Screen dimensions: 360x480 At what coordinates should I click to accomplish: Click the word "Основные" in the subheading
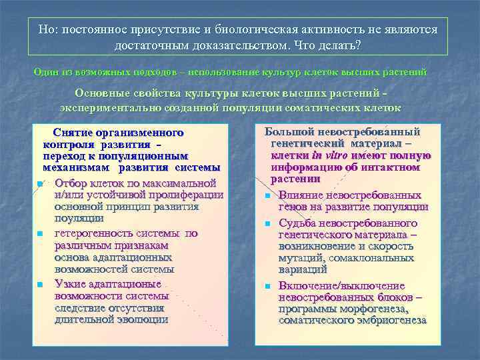(103, 93)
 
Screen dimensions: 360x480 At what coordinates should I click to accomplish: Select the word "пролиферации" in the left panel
(183, 195)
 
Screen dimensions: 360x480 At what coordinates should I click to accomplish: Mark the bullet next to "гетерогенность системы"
(41, 234)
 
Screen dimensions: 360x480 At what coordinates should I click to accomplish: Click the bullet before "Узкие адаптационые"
(41, 285)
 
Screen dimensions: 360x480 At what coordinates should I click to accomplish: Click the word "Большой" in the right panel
(291, 132)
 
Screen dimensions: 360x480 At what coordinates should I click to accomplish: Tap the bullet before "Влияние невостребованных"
(267, 196)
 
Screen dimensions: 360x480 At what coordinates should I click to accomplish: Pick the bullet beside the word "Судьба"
(267, 223)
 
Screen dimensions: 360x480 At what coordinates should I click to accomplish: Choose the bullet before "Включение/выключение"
(267, 287)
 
